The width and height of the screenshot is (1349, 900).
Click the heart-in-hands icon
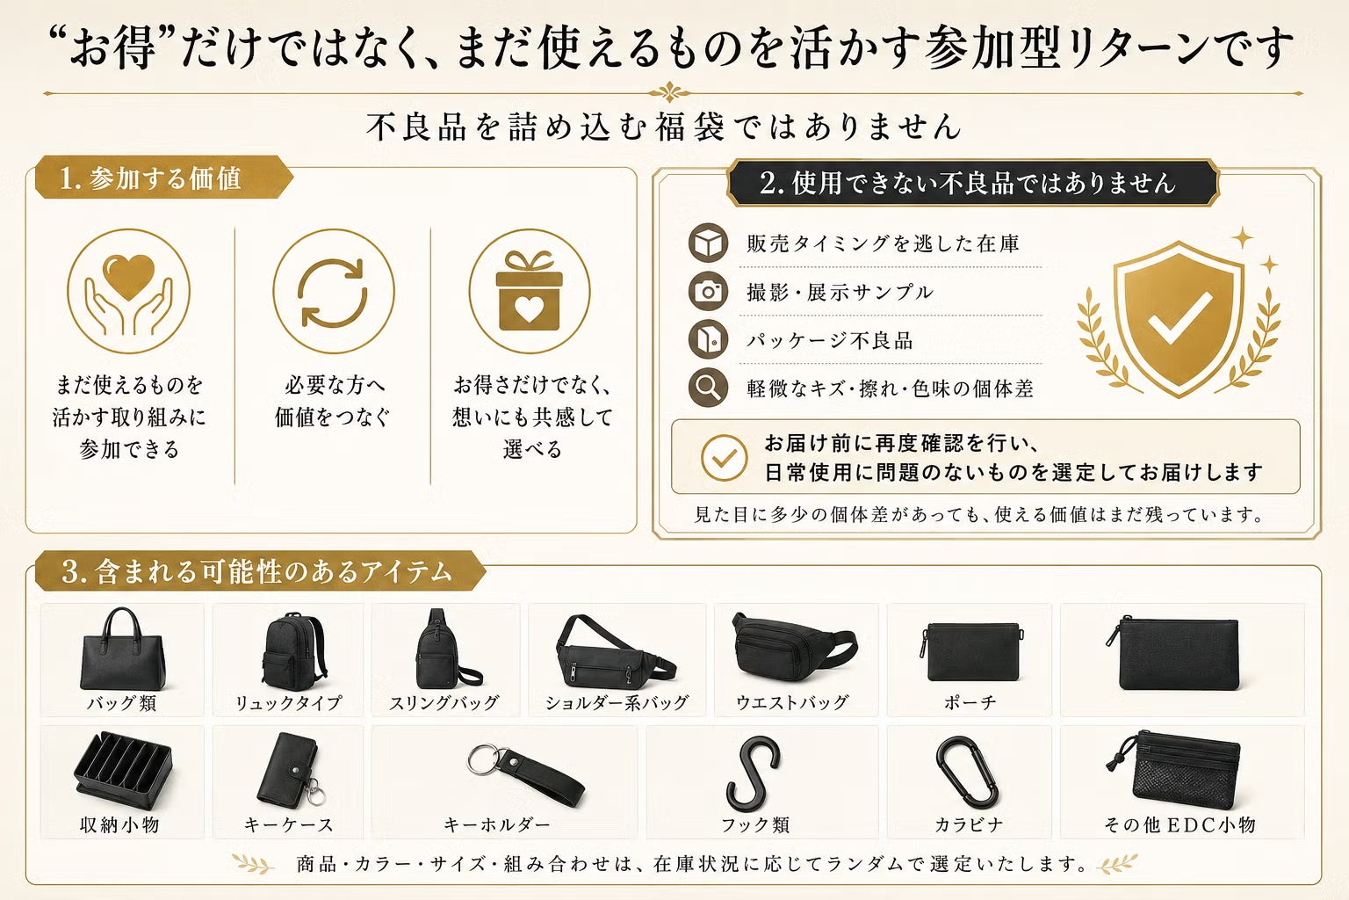pyautogui.click(x=128, y=291)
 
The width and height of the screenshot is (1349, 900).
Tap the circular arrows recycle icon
pyautogui.click(x=333, y=291)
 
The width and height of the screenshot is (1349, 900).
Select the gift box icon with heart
pyautogui.click(x=530, y=291)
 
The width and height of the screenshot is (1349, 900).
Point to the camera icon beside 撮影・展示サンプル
pyautogui.click(x=708, y=292)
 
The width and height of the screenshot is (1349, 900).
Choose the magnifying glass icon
pyautogui.click(x=708, y=388)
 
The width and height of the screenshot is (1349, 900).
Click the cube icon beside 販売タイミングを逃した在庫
pyautogui.click(x=708, y=243)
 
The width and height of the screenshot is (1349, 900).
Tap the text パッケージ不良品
pyautogui.click(x=830, y=341)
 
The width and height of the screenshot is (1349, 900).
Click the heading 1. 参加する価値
pyautogui.click(x=150, y=178)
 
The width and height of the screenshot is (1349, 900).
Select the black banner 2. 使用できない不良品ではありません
pyautogui.click(x=972, y=183)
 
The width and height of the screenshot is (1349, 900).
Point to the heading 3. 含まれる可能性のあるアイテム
pyautogui.click(x=256, y=571)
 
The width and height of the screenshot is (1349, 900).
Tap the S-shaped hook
pyautogui.click(x=752, y=774)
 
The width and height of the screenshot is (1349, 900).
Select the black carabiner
pyautogui.click(x=967, y=773)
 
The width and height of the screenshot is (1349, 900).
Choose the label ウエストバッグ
pyautogui.click(x=792, y=703)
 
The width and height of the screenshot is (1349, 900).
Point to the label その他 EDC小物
pyautogui.click(x=1179, y=824)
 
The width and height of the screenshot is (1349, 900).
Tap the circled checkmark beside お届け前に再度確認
pyautogui.click(x=725, y=458)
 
